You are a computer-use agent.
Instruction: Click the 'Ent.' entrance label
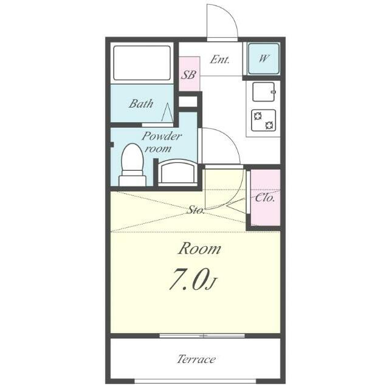tap(219, 60)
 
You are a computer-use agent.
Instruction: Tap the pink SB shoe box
tap(189, 74)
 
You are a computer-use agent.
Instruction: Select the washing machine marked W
tap(264, 59)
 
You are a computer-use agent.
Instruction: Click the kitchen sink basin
tap(264, 92)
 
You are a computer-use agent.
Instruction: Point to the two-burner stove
tap(263, 120)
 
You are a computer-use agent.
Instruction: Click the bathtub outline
tap(142, 63)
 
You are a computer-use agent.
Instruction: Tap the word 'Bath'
tap(141, 104)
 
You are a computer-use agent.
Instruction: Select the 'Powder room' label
tap(162, 142)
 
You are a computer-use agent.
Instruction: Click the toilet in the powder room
tap(133, 165)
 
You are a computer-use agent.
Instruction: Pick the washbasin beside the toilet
tap(177, 173)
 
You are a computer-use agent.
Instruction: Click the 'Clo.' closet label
tap(265, 198)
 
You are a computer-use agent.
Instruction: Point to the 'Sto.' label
tap(196, 210)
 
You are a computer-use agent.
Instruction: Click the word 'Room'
tap(199, 249)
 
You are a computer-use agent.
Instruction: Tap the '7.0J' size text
tap(193, 280)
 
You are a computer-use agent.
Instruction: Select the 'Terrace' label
tap(196, 359)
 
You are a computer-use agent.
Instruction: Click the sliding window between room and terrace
tap(202, 336)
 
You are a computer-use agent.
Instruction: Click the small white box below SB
tap(188, 102)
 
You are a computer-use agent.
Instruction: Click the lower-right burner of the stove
tap(269, 125)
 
